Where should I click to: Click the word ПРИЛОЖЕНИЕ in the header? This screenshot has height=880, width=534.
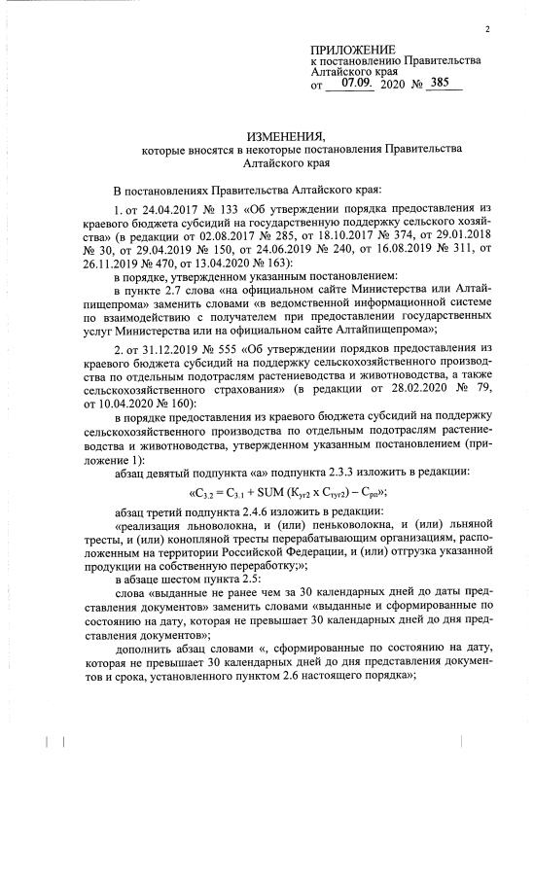353,50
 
